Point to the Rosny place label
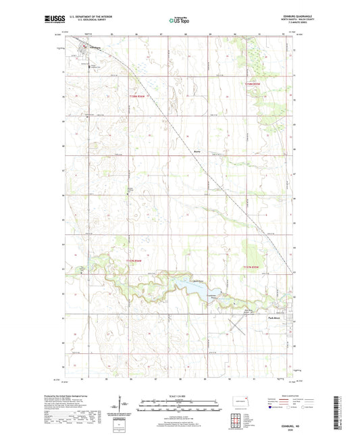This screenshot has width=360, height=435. click(198, 151)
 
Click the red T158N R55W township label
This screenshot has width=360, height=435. click(138, 95)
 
